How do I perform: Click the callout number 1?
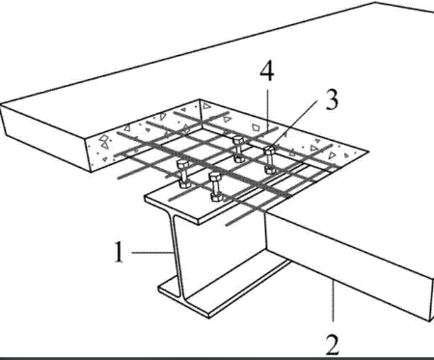click(119, 252)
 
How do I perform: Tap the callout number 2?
click(333, 346)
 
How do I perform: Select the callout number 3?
click(332, 99)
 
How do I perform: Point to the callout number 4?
click(267, 71)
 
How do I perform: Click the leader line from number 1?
click(152, 253)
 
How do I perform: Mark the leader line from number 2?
click(333, 301)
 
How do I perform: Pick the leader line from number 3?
click(294, 123)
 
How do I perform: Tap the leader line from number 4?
click(267, 112)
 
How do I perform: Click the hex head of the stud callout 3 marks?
click(269, 151)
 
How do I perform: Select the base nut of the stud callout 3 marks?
click(270, 169)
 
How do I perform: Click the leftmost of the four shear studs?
click(184, 174)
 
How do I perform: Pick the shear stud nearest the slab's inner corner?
click(239, 149)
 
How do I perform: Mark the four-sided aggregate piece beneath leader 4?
click(256, 126)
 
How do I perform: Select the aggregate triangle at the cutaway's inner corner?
click(206, 106)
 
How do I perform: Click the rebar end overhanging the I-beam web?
click(237, 220)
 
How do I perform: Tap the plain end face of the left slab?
click(46, 137)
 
